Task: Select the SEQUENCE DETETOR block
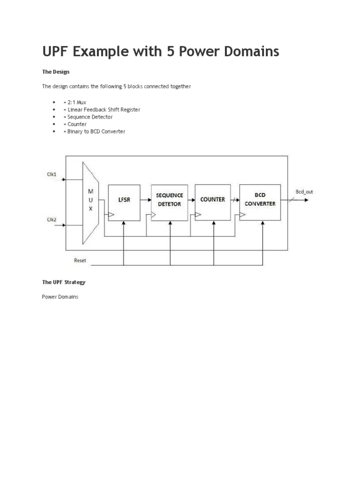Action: tap(169, 202)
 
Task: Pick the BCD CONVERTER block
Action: tap(260, 202)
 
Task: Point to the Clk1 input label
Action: tap(52, 175)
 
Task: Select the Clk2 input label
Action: tap(52, 219)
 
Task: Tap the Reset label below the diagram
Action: tap(80, 260)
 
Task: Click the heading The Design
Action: tap(56, 72)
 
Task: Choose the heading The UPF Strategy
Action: tap(64, 282)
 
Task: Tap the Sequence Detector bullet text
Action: tap(90, 117)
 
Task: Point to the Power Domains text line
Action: tap(60, 297)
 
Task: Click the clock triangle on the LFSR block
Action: tap(111, 215)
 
